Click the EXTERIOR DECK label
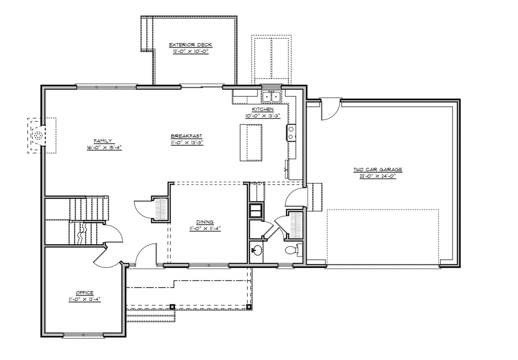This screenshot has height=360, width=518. tap(191, 45)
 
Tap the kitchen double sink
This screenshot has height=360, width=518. tap(272, 96)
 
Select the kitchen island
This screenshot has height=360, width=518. tap(251, 143)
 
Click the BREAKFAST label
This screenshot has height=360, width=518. tap(186, 136)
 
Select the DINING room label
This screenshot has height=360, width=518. tap(205, 222)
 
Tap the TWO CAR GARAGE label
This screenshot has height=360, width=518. tap(378, 170)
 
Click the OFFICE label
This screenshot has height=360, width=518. tap(85, 293)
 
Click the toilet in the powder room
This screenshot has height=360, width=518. tap(293, 250)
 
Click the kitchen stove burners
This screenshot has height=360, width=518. tap(291, 133)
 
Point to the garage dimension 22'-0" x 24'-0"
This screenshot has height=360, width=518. tap(378, 176)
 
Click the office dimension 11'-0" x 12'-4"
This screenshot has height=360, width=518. tap(85, 299)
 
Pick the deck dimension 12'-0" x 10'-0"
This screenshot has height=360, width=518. tap(191, 51)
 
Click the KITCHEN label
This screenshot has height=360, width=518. tap(263, 109)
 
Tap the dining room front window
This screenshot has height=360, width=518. tap(209, 265)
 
